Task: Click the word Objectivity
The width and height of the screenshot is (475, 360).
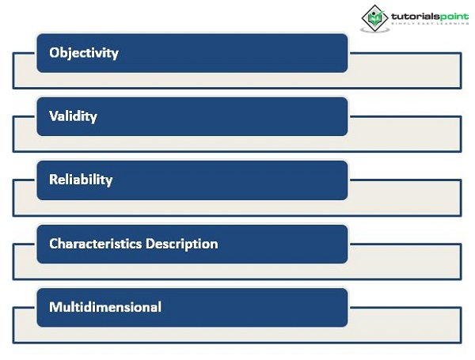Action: pos(84,53)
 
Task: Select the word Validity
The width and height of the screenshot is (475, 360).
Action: pos(73,116)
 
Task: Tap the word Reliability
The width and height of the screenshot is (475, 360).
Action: pos(81,180)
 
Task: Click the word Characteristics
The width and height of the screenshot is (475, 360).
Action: pos(96,244)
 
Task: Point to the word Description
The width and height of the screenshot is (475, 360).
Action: pos(182,244)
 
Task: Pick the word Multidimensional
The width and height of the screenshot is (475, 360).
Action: pos(105,307)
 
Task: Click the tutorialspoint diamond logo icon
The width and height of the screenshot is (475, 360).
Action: pos(374,18)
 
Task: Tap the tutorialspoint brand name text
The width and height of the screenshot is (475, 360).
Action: pos(430,16)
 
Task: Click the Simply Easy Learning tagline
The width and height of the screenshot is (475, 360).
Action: pos(430,23)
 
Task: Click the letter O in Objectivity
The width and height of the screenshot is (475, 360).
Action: pos(54,53)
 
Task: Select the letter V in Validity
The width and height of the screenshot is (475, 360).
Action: pos(54,116)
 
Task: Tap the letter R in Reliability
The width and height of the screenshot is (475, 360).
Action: pos(54,180)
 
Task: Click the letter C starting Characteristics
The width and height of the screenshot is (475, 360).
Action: pos(53,244)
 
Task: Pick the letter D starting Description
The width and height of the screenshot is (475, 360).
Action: pos(150,244)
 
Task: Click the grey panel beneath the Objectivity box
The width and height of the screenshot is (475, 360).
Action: pos(237,80)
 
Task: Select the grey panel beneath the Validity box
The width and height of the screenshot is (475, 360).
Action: pos(237,143)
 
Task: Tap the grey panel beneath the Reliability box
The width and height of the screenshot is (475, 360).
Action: pos(237,208)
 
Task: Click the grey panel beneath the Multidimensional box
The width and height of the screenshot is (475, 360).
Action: pos(237,335)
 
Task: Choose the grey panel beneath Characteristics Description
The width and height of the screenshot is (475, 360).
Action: pos(237,271)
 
